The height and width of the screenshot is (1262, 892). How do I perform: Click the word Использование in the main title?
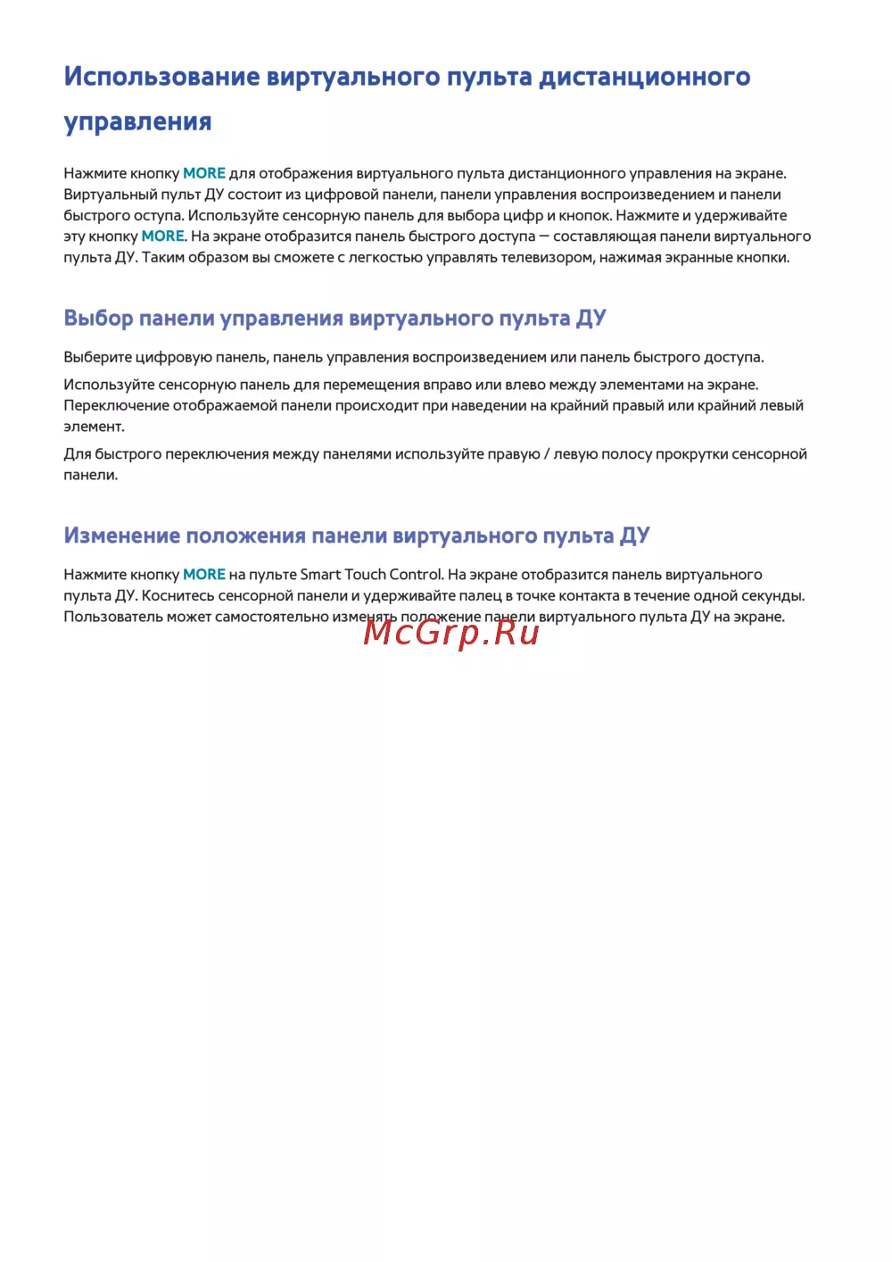[x=161, y=77]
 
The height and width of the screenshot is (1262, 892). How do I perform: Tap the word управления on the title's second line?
[x=137, y=121]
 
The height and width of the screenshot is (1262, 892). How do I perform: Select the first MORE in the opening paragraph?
[x=204, y=173]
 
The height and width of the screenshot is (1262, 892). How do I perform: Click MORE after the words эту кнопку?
[x=162, y=237]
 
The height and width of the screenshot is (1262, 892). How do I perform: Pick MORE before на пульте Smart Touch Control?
[x=204, y=575]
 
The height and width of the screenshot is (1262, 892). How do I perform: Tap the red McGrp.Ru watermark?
[x=451, y=632]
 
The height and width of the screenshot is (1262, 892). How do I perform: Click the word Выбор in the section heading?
[x=98, y=319]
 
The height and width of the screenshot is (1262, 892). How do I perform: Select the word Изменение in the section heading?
[x=121, y=536]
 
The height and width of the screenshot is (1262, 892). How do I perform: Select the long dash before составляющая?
[x=544, y=237]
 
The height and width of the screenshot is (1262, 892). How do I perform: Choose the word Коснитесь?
[x=178, y=596]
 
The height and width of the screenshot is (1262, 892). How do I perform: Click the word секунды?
[x=772, y=596]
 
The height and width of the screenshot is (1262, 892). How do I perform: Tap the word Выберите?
[x=97, y=358]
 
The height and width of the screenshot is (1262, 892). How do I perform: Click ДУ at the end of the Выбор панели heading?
[x=591, y=319]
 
